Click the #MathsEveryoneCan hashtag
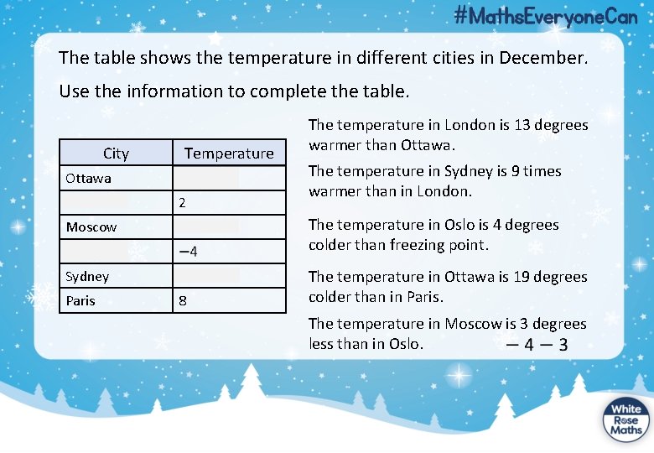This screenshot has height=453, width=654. pyautogui.click(x=545, y=16)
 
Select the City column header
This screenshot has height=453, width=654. pyautogui.click(x=116, y=153)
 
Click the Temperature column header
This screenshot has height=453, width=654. pyautogui.click(x=229, y=153)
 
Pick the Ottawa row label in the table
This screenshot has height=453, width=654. pyautogui.click(x=88, y=178)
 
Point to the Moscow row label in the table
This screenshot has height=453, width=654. pyautogui.click(x=91, y=226)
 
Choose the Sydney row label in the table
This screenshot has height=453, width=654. pyautogui.click(x=87, y=276)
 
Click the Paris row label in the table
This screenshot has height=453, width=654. pyautogui.click(x=80, y=300)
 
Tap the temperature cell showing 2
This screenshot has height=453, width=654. pyautogui.click(x=182, y=203)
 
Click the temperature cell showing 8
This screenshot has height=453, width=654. pyautogui.click(x=182, y=300)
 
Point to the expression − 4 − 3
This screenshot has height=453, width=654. pyautogui.click(x=534, y=344)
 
